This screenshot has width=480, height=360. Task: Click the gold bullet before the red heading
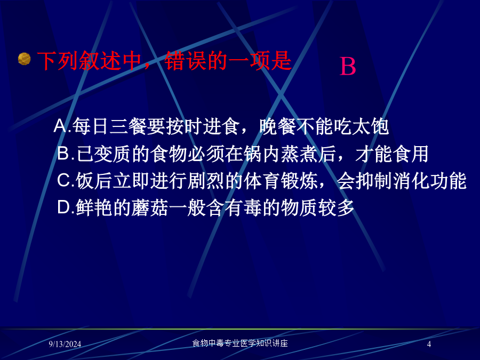pos(24,59)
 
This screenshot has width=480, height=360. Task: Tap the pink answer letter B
pos(348,67)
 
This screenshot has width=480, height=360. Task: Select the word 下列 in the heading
pos(58,61)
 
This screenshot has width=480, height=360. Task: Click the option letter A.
pos(60,126)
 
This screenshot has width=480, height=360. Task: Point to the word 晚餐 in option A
pos(278,126)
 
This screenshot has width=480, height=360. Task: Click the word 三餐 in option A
pos(127,126)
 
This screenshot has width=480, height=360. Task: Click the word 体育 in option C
pos(262,180)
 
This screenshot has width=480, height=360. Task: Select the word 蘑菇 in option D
pos(150,207)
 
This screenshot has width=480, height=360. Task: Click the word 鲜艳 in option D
pos(94,207)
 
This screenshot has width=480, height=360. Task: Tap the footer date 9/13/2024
pos(65,344)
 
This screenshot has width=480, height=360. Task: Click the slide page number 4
pos(429,344)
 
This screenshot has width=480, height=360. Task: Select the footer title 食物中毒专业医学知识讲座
pos(240,343)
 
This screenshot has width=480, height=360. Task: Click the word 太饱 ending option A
pos(371,126)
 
